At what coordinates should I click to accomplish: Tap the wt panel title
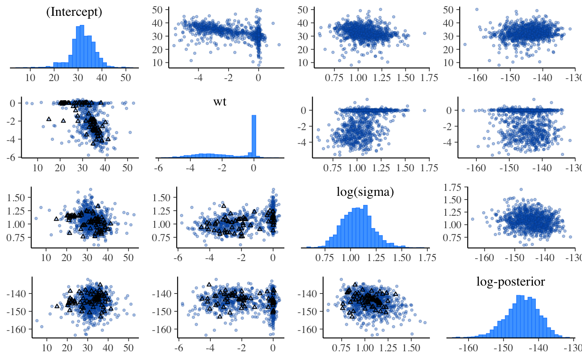[x=220, y=102]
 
